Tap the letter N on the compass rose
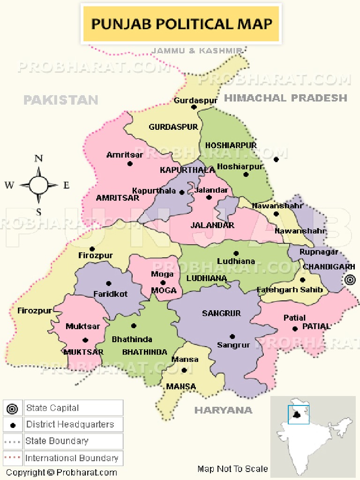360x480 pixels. (38, 159)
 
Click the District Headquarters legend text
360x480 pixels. (70, 425)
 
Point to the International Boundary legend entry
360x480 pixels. (71, 458)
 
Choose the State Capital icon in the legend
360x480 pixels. (13, 409)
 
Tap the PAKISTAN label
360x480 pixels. (61, 100)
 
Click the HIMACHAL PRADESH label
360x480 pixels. (286, 98)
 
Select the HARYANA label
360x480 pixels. (223, 410)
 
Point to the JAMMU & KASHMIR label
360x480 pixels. (197, 50)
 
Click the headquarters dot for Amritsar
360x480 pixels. (130, 164)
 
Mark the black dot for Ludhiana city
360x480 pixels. (236, 253)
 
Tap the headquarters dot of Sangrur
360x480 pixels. (232, 336)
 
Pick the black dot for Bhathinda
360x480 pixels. (134, 326)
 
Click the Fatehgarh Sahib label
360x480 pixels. (290, 290)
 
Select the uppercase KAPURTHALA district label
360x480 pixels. (181, 170)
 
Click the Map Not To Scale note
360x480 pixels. (232, 469)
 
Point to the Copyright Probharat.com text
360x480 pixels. (61, 472)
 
